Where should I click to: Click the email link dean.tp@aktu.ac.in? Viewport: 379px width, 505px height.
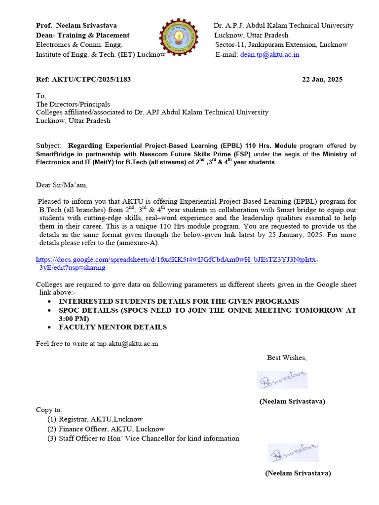(x=269, y=55)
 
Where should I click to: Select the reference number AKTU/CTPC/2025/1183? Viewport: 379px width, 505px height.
(x=83, y=79)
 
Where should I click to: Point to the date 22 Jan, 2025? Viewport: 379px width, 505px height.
(x=322, y=79)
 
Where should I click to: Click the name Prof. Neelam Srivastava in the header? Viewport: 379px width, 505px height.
(x=76, y=25)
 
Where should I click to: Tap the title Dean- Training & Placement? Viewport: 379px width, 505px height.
(x=82, y=35)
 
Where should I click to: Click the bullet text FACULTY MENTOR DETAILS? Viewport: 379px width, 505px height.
(x=113, y=327)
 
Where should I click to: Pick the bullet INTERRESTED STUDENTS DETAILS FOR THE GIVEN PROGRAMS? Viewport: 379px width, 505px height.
(x=179, y=301)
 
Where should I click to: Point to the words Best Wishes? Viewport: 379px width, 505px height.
(x=287, y=358)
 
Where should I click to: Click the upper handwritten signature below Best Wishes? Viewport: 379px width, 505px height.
(x=282, y=379)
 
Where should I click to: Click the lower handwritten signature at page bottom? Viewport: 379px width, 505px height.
(x=293, y=452)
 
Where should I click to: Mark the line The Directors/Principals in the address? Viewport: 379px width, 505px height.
(x=73, y=104)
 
